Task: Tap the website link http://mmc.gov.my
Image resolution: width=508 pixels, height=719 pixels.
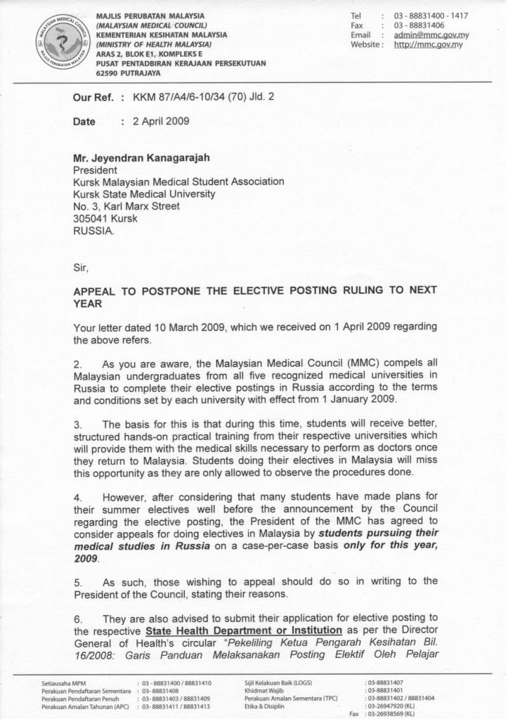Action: (425, 45)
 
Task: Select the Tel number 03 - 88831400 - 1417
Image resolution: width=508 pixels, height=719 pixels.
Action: (431, 15)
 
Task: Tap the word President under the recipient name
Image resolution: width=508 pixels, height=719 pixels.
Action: (96, 170)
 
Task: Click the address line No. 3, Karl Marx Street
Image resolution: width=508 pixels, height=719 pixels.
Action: (126, 206)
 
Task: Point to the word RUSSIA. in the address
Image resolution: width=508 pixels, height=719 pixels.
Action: (92, 231)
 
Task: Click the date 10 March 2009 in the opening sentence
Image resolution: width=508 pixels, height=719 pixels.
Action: (182, 327)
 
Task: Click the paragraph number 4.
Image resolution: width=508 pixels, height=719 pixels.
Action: (77, 498)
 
